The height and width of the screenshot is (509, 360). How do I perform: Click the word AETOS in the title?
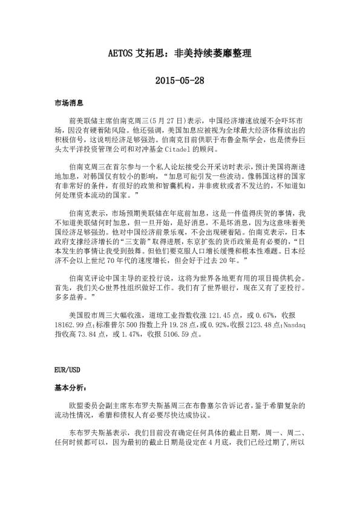click(122, 53)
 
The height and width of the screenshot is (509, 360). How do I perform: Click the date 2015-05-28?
click(180, 80)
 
